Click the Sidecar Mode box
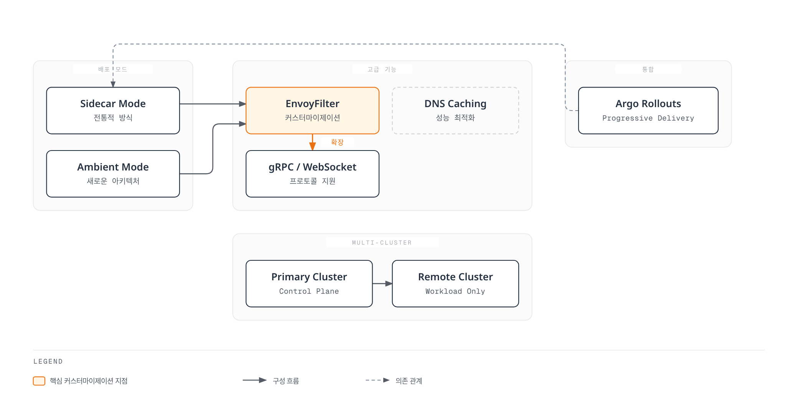pyautogui.click(x=113, y=111)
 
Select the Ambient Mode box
pyautogui.click(x=113, y=174)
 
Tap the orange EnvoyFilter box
pyautogui.click(x=312, y=111)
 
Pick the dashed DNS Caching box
pyautogui.click(x=455, y=111)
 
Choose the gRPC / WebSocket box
pyautogui.click(x=312, y=174)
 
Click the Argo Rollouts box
pyautogui.click(x=648, y=111)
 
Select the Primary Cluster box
pyautogui.click(x=309, y=284)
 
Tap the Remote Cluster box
pyautogui.click(x=455, y=284)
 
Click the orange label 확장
pyautogui.click(x=337, y=142)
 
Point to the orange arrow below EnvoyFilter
pyautogui.click(x=313, y=142)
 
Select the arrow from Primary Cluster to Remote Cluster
pyautogui.click(x=383, y=284)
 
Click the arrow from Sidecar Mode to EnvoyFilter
pyautogui.click(x=213, y=104)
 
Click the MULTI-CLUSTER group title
pyautogui.click(x=382, y=243)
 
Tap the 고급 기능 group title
pyautogui.click(x=382, y=69)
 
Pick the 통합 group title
pyautogui.click(x=648, y=69)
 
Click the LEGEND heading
pyautogui.click(x=48, y=361)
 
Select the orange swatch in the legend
pyautogui.click(x=39, y=381)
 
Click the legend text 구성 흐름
pyautogui.click(x=286, y=381)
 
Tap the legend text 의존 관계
pyautogui.click(x=409, y=381)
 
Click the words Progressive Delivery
pyautogui.click(x=648, y=118)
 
